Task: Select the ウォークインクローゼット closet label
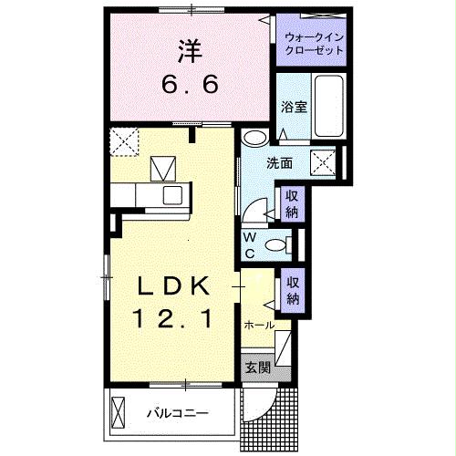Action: tap(314, 43)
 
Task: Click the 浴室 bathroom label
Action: tap(294, 105)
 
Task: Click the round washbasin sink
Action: tap(255, 138)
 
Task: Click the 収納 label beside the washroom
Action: tap(292, 204)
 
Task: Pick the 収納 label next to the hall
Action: tap(293, 291)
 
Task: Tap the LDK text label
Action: tap(174, 285)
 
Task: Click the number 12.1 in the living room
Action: tap(174, 319)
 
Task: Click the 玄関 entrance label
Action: tap(258, 368)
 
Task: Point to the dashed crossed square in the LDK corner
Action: tap(122, 141)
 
